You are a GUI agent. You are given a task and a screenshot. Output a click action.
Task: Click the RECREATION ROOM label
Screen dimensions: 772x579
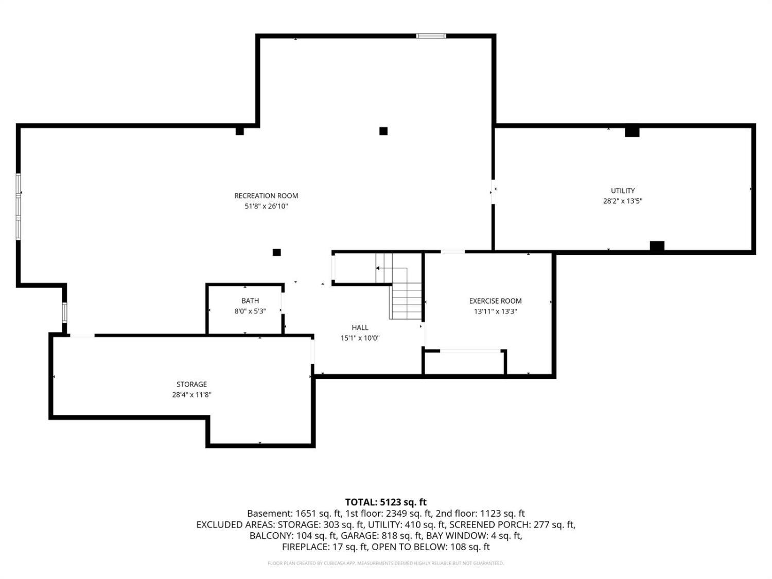click(x=266, y=196)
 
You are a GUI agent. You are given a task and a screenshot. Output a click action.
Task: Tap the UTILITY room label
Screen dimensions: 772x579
click(x=623, y=190)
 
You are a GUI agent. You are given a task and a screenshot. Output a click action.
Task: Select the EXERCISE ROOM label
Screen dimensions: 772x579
click(x=495, y=301)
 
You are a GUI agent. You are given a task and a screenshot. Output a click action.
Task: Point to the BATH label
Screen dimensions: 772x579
click(x=250, y=301)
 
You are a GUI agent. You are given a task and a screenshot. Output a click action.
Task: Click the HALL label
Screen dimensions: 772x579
click(x=360, y=328)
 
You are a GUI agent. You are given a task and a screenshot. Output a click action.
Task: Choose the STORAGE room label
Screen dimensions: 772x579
click(x=191, y=384)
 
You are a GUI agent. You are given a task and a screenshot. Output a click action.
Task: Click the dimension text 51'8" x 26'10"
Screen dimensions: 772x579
click(x=266, y=206)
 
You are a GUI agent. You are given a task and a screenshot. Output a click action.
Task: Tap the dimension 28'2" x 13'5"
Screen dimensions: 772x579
click(x=623, y=201)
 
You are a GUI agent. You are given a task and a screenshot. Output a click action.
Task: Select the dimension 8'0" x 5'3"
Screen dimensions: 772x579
click(x=250, y=311)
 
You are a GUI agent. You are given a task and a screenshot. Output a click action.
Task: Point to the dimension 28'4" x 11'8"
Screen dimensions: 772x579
click(x=191, y=395)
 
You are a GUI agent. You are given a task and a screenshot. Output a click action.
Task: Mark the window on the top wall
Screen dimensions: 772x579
click(x=431, y=36)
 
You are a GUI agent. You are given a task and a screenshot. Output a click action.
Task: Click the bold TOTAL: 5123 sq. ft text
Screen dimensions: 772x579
click(x=385, y=502)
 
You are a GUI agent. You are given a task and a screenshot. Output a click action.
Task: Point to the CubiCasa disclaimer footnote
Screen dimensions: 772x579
click(x=385, y=563)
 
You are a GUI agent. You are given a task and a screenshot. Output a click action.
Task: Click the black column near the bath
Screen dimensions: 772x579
click(x=277, y=252)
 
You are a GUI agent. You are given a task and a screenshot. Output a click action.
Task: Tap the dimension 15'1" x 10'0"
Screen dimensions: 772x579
click(x=360, y=338)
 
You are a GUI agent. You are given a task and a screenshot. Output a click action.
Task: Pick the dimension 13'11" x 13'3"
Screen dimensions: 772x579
click(x=495, y=311)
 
